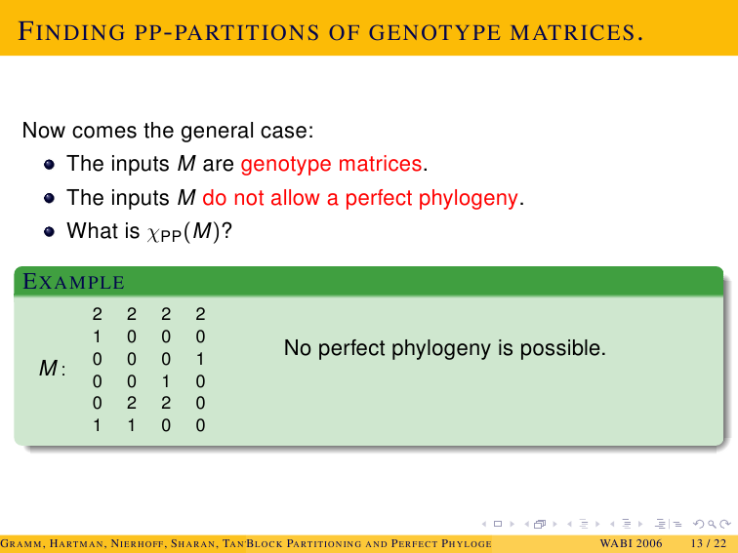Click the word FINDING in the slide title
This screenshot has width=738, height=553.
[71, 32]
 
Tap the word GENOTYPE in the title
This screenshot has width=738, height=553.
[434, 33]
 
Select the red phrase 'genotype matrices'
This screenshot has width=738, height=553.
[331, 164]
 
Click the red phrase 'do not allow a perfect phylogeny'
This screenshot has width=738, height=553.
[360, 198]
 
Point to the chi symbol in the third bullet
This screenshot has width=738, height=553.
[153, 233]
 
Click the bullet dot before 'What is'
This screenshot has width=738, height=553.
[49, 231]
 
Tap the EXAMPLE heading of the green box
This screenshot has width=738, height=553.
[74, 282]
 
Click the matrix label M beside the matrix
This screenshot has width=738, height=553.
[48, 369]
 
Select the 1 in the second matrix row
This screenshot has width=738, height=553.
[97, 336]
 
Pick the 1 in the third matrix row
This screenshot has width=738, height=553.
[200, 359]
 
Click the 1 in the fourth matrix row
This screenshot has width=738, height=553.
[166, 381]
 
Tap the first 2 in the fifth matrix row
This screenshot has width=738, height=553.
[132, 403]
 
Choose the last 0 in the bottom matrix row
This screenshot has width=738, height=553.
[200, 425]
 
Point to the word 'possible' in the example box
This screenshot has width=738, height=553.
[563, 348]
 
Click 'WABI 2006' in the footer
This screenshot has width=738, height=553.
[631, 544]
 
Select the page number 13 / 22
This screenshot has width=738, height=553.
[709, 544]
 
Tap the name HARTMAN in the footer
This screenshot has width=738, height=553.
[77, 544]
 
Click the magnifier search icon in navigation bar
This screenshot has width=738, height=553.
[712, 524]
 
